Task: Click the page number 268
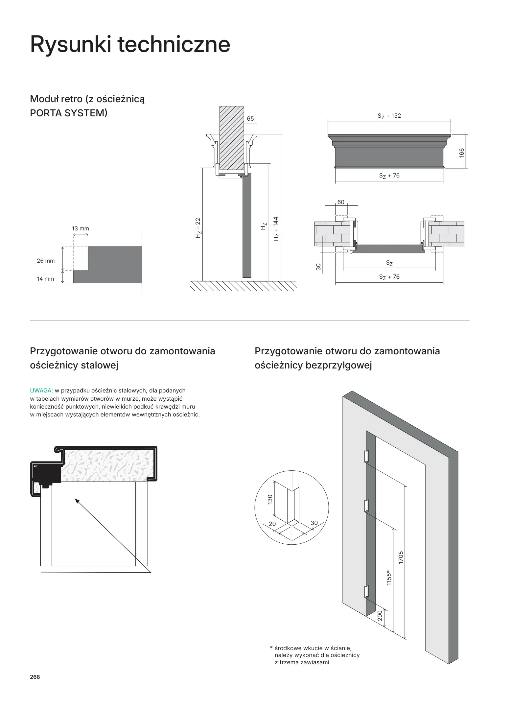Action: [x=35, y=677]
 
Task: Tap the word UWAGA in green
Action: [x=41, y=390]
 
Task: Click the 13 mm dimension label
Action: [x=80, y=228]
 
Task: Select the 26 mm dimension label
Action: [x=46, y=261]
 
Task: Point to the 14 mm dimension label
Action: [x=45, y=279]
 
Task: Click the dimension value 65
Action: [x=250, y=119]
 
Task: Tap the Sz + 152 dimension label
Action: [x=389, y=116]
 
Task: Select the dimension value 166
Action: [x=462, y=153]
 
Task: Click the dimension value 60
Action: [x=341, y=202]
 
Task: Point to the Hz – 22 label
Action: [x=198, y=228]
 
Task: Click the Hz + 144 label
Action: [x=276, y=228]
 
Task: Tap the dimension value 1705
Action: [x=401, y=558]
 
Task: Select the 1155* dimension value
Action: [x=389, y=578]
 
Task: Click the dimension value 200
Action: [x=380, y=615]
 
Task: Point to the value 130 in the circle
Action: [x=270, y=500]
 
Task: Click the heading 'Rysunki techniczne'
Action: [x=130, y=44]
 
